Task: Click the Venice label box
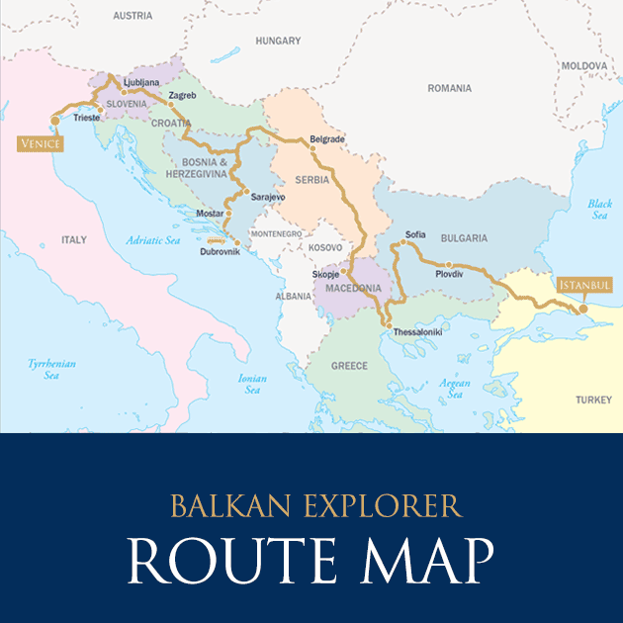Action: coord(40,144)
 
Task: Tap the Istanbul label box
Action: coord(585,286)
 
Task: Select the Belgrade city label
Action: coord(326,139)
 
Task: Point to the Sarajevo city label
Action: coord(268,197)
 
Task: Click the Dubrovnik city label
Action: coord(219,252)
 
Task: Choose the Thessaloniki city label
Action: coord(417,333)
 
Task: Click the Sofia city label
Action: coord(415,234)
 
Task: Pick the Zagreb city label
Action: coord(183,95)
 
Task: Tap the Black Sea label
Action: coord(600,210)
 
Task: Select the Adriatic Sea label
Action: coord(153,240)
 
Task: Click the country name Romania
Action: coord(449,88)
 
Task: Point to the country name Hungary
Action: coord(278,42)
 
